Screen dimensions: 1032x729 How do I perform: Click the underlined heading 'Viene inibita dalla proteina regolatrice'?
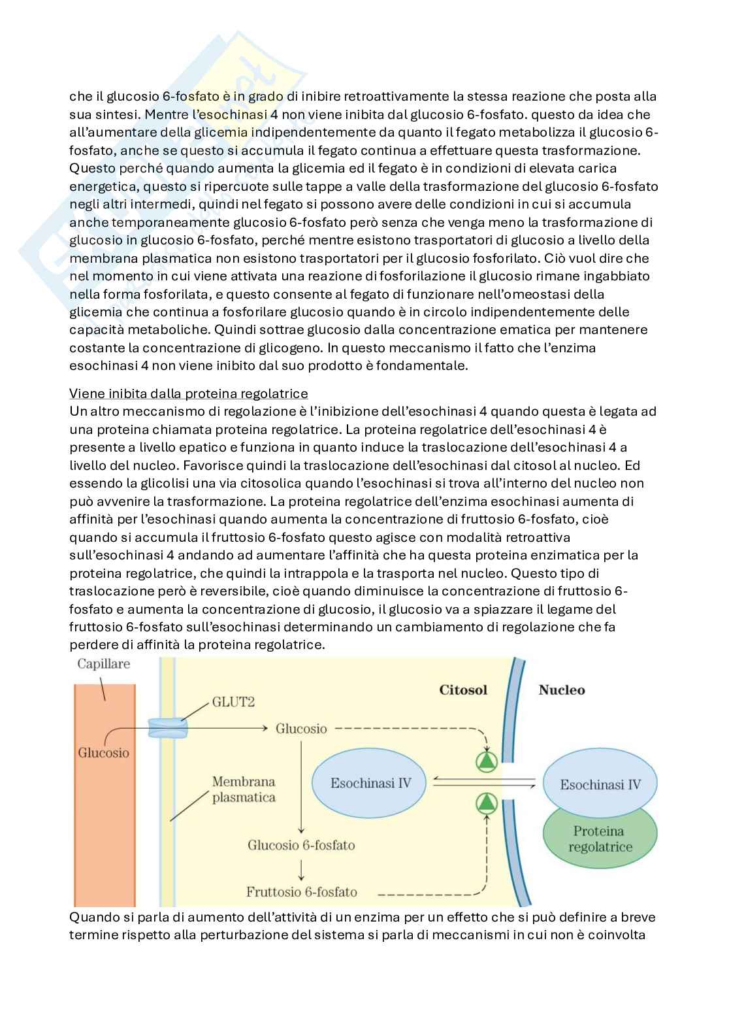pyautogui.click(x=188, y=393)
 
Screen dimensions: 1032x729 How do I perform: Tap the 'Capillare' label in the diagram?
pyautogui.click(x=103, y=664)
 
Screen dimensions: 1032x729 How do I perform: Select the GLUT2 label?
pyautogui.click(x=233, y=702)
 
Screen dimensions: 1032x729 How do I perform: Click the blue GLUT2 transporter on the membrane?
pyautogui.click(x=167, y=727)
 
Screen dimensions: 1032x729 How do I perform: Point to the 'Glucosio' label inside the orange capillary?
pyautogui.click(x=103, y=752)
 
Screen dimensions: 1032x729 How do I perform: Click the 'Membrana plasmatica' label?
pyautogui.click(x=244, y=789)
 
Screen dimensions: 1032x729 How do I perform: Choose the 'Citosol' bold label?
pyautogui.click(x=463, y=690)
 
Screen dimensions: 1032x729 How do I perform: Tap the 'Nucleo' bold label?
pyautogui.click(x=561, y=690)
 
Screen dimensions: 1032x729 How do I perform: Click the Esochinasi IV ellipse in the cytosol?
pyautogui.click(x=370, y=782)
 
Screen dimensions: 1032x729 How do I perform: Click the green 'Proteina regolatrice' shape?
pyautogui.click(x=600, y=840)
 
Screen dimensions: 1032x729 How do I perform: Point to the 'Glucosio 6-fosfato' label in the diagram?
pyautogui.click(x=301, y=845)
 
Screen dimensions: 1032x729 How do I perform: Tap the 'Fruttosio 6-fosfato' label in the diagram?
pyautogui.click(x=301, y=891)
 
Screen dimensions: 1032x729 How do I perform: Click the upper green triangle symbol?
pyautogui.click(x=487, y=761)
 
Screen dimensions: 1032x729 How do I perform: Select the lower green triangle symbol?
pyautogui.click(x=487, y=803)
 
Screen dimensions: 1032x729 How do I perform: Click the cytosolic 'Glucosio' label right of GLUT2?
pyautogui.click(x=301, y=728)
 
